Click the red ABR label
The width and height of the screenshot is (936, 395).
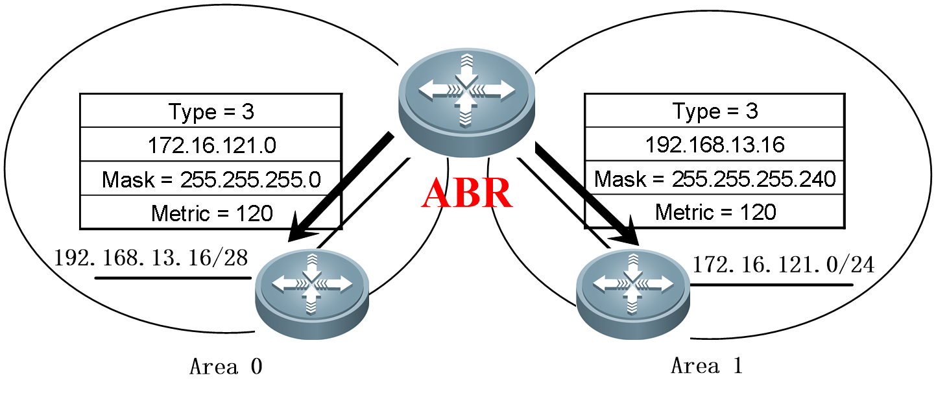(x=467, y=193)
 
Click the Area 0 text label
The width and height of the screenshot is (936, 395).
(x=226, y=367)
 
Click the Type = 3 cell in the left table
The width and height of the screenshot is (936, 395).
(x=211, y=112)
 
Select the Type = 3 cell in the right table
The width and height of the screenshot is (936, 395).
(x=715, y=112)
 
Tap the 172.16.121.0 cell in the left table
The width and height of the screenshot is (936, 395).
(x=211, y=145)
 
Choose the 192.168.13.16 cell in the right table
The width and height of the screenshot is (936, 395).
(x=715, y=145)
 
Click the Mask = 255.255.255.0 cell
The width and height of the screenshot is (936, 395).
(x=211, y=179)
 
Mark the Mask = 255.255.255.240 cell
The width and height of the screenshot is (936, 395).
(x=715, y=179)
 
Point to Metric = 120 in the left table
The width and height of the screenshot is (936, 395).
(x=211, y=213)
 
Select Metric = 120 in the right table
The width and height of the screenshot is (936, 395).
(x=715, y=212)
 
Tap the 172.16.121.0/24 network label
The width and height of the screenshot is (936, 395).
(x=783, y=265)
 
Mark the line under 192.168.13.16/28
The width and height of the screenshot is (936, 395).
(x=173, y=278)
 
